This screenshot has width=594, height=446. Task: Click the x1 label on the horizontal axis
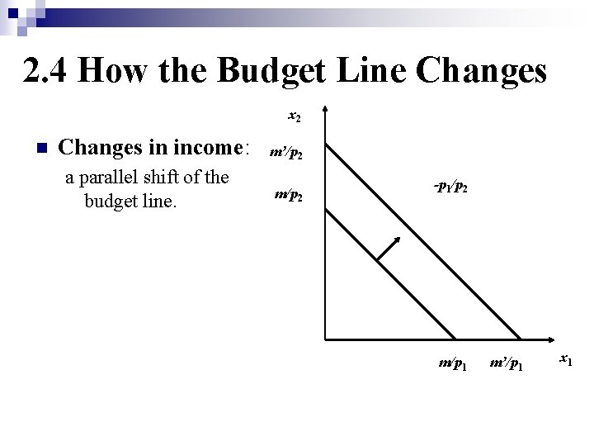[x=567, y=358]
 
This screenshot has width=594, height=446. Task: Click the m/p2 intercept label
[x=288, y=197]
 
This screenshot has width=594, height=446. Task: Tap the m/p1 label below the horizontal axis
[x=453, y=364]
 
